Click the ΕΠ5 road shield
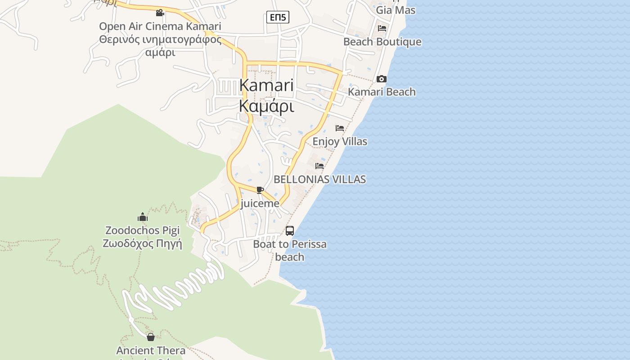[x=278, y=18]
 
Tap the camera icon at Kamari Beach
[x=382, y=79]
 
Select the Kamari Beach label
[x=382, y=92]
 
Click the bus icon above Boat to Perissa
[x=290, y=231]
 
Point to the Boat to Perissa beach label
[x=290, y=251]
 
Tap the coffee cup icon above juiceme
[x=260, y=190]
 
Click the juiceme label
[x=260, y=203]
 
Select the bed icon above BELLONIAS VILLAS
[x=319, y=166]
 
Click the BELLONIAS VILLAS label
[x=319, y=179]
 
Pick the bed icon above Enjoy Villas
[x=340, y=128]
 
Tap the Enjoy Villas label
[x=340, y=141]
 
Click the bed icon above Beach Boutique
[x=382, y=28]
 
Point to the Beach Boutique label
[x=382, y=42]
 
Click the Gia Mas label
[x=396, y=9]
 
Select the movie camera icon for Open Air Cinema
[x=160, y=13]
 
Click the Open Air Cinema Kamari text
[x=160, y=26]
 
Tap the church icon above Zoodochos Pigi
[x=143, y=217]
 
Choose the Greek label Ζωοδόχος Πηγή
[x=142, y=244]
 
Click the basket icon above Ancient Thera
[x=151, y=337]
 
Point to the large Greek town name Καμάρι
[x=266, y=106]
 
